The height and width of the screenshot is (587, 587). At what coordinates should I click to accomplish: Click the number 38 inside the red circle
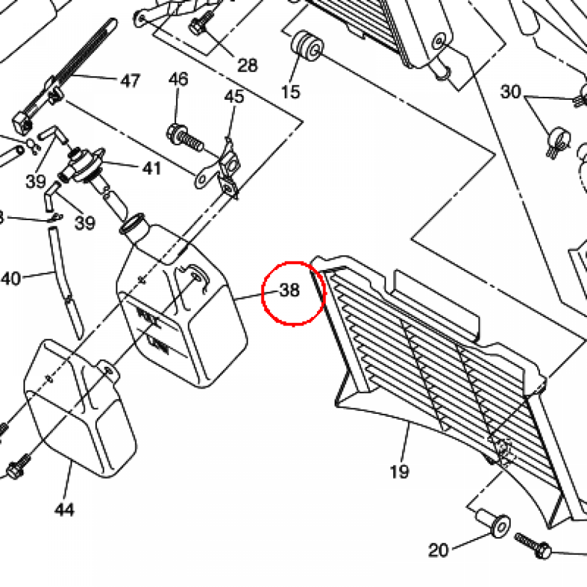(x=290, y=291)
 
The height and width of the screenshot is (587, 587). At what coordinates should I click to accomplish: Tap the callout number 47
(x=130, y=81)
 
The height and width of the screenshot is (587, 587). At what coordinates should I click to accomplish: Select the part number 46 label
(x=178, y=79)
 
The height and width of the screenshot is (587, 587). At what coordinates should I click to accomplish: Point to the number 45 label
(x=234, y=96)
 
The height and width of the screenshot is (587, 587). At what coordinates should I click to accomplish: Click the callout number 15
(x=291, y=91)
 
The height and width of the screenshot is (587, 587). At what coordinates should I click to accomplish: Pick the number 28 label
(x=247, y=65)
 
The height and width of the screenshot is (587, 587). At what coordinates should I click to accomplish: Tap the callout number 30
(x=510, y=92)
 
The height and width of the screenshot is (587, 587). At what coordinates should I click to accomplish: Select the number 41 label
(x=151, y=168)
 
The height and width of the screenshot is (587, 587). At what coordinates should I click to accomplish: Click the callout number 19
(x=400, y=472)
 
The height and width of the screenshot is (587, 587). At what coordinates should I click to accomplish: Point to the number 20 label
(x=439, y=550)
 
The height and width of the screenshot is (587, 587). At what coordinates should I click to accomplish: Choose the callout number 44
(x=65, y=509)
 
